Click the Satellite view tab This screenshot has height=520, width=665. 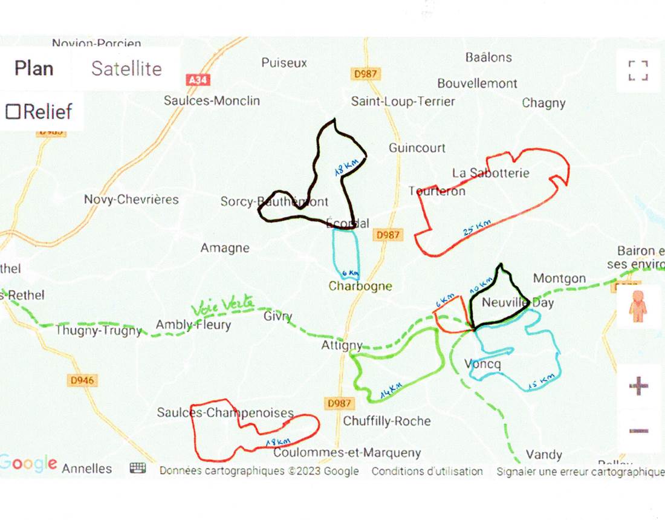tap(126, 68)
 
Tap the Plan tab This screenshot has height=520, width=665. tap(34, 68)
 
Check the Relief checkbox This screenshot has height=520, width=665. tap(13, 111)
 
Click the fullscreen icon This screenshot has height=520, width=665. tap(638, 70)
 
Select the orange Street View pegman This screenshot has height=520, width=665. tap(638, 306)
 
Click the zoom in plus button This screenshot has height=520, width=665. tap(638, 386)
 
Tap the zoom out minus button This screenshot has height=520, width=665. tap(638, 431)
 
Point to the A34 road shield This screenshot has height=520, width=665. tap(195, 79)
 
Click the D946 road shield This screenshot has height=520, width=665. tap(82, 380)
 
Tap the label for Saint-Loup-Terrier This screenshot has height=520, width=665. tap(403, 102)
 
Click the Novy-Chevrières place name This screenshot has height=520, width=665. tap(131, 200)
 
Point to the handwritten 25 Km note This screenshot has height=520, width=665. tap(478, 229)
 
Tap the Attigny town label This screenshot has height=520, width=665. tap(342, 345)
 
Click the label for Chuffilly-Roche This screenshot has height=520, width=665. tap(387, 421)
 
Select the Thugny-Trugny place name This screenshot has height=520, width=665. tap(98, 331)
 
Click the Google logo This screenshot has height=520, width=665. tap(28, 464)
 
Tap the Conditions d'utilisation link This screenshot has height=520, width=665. tap(427, 471)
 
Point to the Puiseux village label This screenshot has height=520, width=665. tap(284, 62)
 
